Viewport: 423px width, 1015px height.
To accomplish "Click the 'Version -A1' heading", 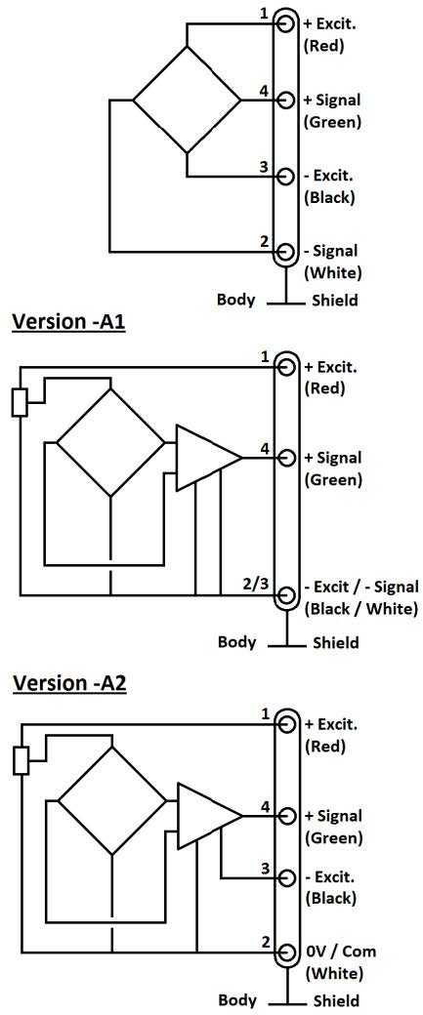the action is click(68, 322).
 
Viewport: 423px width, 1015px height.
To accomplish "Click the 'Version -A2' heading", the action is click(69, 682).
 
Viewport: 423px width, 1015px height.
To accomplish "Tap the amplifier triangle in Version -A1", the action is click(209, 458).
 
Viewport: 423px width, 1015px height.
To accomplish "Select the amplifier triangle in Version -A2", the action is click(210, 816).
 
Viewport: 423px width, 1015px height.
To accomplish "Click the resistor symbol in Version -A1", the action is click(20, 403).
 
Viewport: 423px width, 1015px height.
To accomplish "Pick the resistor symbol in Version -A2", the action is click(21, 760).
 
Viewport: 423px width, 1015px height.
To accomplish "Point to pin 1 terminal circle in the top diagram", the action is click(285, 23).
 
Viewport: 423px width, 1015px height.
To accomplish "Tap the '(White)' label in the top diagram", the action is click(333, 272).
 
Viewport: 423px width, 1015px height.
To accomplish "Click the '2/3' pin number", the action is click(254, 584).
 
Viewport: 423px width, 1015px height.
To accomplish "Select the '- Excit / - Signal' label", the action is click(361, 588).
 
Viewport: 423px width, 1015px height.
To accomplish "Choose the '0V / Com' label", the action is click(340, 952).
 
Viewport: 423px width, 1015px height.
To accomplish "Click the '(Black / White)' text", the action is click(360, 609).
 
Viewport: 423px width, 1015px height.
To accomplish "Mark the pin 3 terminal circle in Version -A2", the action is click(285, 877).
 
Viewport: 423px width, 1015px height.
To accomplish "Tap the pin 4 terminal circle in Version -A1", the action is click(285, 458).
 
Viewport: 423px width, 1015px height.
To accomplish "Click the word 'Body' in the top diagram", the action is click(235, 300).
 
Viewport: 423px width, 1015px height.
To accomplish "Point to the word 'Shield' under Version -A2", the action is click(336, 1000).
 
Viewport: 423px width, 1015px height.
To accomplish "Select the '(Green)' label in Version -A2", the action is click(333, 838).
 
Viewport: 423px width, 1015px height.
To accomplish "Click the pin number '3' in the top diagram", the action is click(264, 167).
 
